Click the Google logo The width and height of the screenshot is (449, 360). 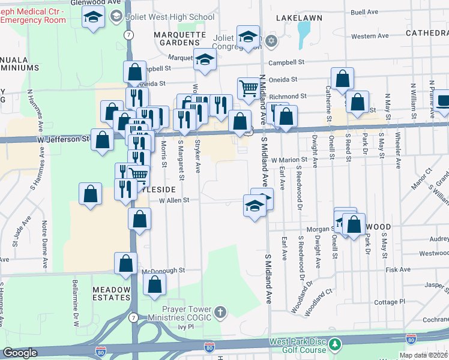click(20, 353)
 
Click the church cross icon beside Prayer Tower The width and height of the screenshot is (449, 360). click(220, 312)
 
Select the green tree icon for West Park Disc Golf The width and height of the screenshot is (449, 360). click(334, 345)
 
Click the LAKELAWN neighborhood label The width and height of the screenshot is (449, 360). click(299, 18)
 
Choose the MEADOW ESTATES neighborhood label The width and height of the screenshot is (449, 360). click(111, 293)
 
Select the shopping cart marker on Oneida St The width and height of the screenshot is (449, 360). click(248, 88)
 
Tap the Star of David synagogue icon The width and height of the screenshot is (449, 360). click(271, 41)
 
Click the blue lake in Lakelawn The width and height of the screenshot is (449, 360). click(304, 36)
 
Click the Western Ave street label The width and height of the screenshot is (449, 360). click(370, 36)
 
